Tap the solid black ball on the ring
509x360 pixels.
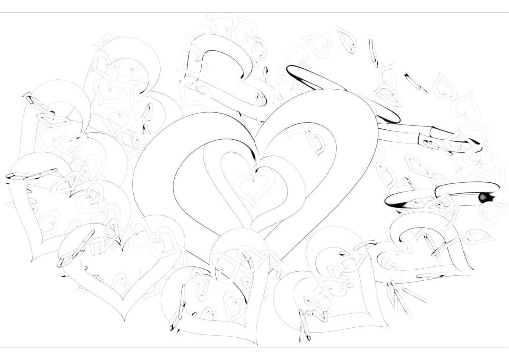[x=482, y=198]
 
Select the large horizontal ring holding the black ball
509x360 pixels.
[x=442, y=194]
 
